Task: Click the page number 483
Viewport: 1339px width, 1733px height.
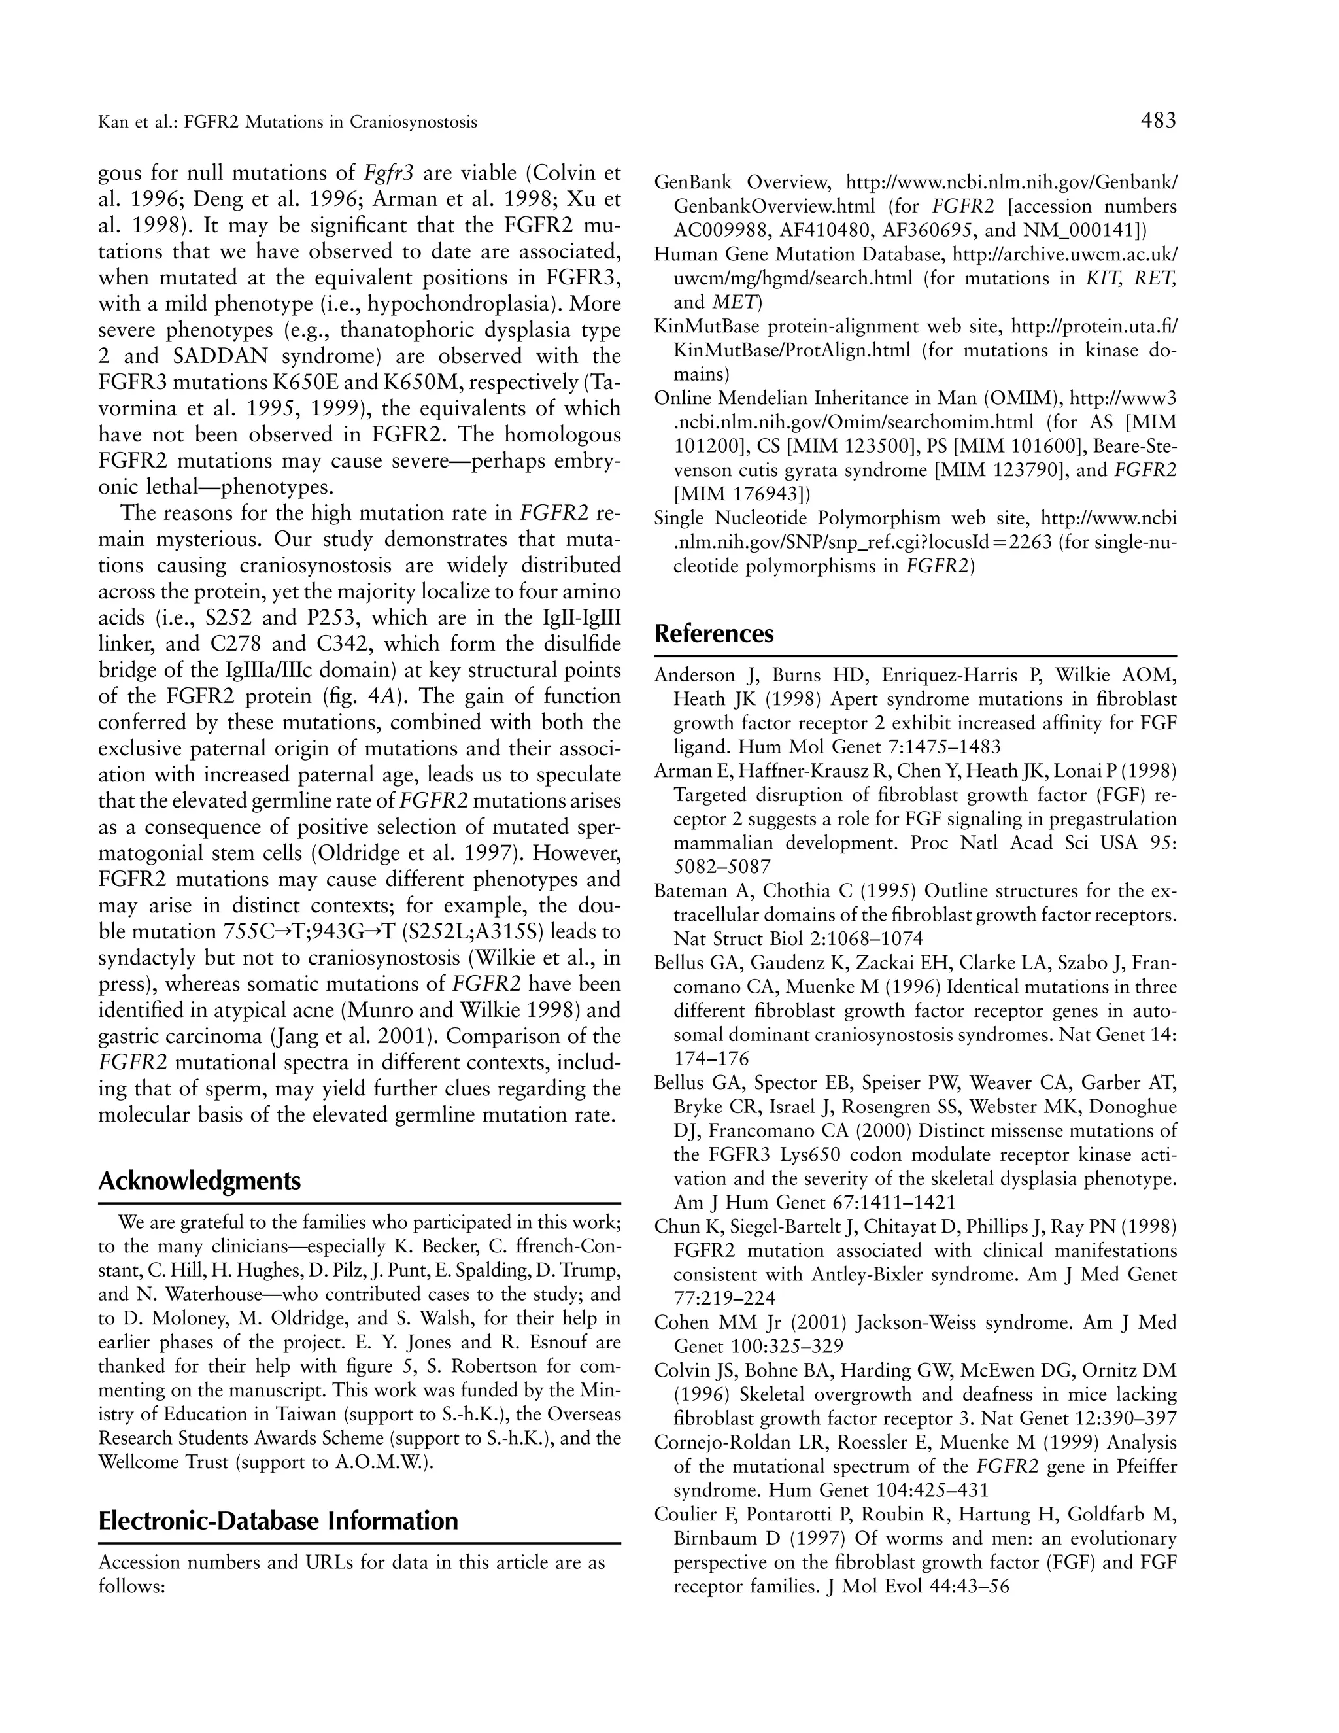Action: tap(1158, 120)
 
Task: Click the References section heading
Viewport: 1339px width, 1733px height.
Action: tap(713, 634)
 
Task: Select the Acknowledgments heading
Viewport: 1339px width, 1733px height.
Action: tap(199, 1180)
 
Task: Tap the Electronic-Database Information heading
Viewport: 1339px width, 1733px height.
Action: tap(279, 1520)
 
